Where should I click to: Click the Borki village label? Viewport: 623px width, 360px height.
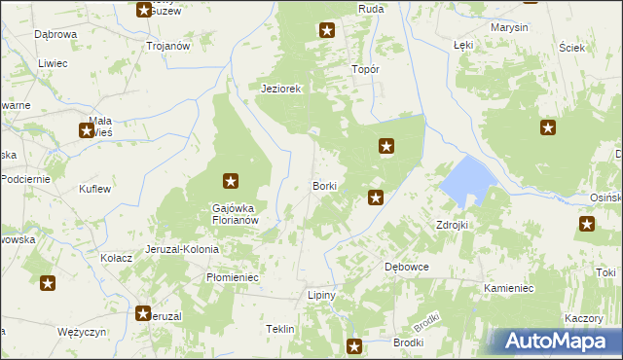point(324,185)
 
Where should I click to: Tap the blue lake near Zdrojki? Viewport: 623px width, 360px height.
point(467,179)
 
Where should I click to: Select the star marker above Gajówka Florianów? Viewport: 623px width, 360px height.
point(231,180)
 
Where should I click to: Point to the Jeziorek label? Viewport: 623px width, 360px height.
point(282,89)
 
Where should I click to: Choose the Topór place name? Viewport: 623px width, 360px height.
point(364,70)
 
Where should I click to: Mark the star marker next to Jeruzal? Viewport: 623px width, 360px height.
point(144,313)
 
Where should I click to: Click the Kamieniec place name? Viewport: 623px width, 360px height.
point(509,289)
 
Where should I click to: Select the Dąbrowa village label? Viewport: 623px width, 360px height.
point(55,34)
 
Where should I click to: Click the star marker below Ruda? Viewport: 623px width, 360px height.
point(327,31)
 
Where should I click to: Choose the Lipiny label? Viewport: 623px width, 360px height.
point(321,295)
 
